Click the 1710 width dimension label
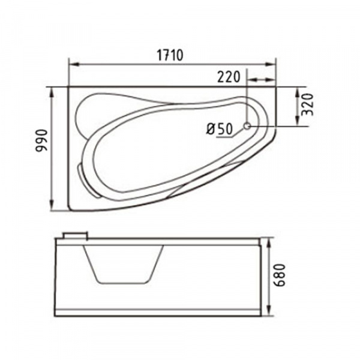point(170,55)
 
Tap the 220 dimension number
point(229,77)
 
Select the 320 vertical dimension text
point(308,104)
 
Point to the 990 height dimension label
point(41,140)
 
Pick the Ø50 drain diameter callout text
point(220,129)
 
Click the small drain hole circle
point(247,126)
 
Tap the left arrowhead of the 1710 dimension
point(74,65)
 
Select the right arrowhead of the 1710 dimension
point(270,65)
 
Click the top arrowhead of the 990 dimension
point(52,92)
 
